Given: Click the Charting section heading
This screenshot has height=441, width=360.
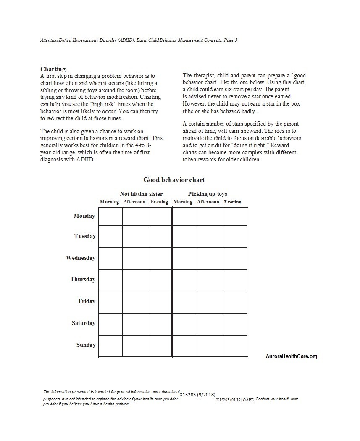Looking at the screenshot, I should [x=53, y=69].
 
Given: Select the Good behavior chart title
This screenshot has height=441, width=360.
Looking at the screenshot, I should [x=174, y=180].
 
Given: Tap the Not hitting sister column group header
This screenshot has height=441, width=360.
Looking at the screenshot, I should [x=141, y=194].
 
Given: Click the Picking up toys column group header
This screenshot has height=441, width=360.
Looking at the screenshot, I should [x=208, y=194].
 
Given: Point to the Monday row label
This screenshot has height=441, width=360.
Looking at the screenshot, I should [x=84, y=216].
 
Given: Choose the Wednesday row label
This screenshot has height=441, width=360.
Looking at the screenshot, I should [x=81, y=258].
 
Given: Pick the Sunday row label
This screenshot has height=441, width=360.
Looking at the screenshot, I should [x=86, y=345].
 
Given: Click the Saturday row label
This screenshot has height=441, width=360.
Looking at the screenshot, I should [x=83, y=323].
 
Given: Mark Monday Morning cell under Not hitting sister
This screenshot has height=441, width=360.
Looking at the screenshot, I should [x=110, y=217].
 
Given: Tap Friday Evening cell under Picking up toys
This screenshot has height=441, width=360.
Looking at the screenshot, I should [x=234, y=303].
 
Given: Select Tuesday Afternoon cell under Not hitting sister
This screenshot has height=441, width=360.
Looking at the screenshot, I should [x=135, y=236].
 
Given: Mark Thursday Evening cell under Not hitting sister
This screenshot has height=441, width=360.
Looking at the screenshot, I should [x=160, y=280].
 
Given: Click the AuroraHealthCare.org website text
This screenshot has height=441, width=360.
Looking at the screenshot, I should [x=292, y=356].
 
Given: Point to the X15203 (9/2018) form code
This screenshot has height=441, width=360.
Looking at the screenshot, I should [x=197, y=395].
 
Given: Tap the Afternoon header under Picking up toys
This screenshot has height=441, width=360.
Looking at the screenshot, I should [x=208, y=202].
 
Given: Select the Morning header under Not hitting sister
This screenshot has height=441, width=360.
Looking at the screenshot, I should [x=109, y=202].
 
